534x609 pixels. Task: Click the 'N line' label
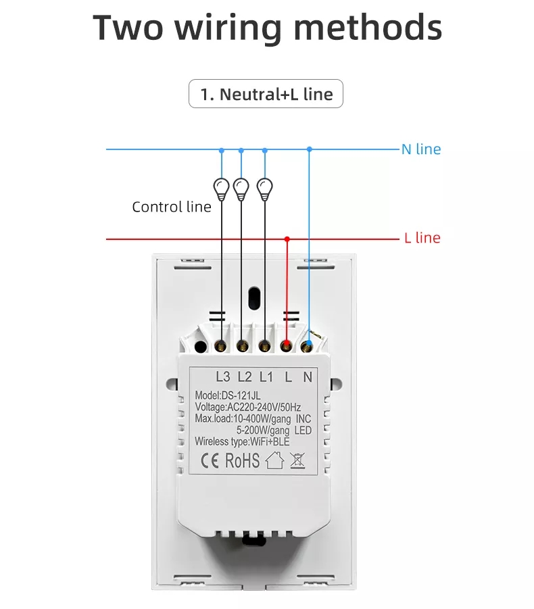[x=421, y=149]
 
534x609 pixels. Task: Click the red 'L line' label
[x=422, y=238]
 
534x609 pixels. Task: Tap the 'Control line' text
[x=172, y=207]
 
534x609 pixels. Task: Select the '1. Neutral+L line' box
[x=266, y=93]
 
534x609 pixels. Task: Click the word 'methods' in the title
[x=368, y=27]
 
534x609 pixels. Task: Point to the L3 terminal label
[x=223, y=376]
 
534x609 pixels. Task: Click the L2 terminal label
[x=245, y=376]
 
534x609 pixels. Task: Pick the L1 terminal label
[x=266, y=376]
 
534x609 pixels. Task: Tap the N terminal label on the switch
[x=308, y=376]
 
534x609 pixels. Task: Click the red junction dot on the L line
[x=287, y=239]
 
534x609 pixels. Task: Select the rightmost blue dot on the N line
[x=309, y=149]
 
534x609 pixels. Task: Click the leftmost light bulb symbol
[x=221, y=189]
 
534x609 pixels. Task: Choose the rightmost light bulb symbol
[x=265, y=189]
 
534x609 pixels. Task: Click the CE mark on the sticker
[x=210, y=461]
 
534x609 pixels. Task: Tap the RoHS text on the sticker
[x=243, y=460]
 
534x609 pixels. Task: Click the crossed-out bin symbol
[x=297, y=460]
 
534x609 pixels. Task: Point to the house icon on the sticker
[x=275, y=460]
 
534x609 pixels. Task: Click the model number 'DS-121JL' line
[x=228, y=395]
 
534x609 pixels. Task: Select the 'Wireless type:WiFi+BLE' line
[x=242, y=441]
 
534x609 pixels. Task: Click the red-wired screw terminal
[x=287, y=345]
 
